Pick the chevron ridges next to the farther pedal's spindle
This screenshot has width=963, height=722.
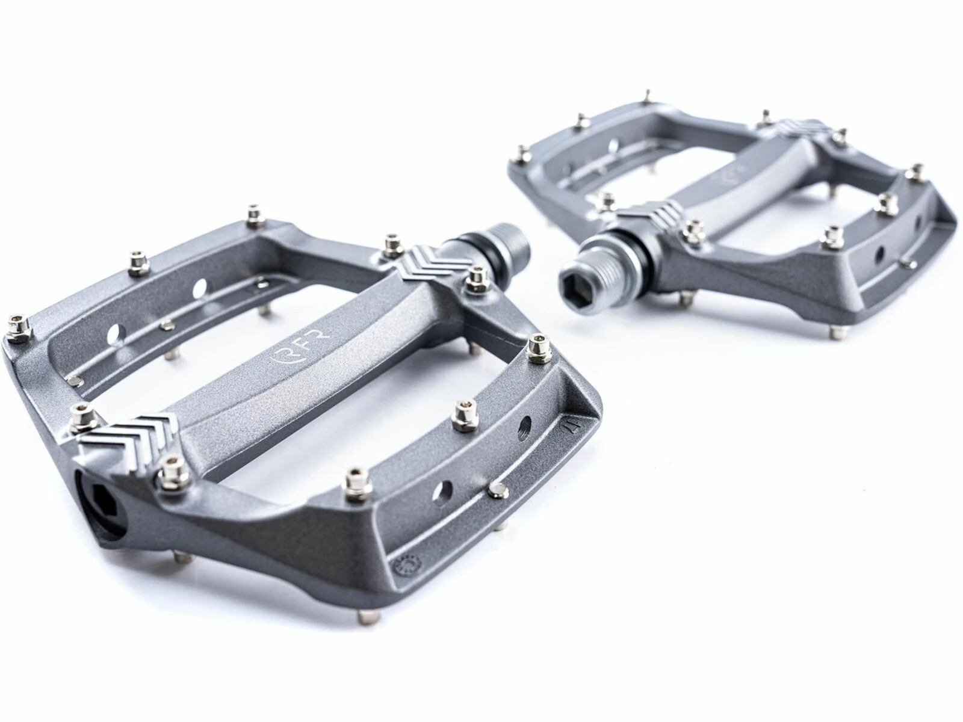click(650, 214)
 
